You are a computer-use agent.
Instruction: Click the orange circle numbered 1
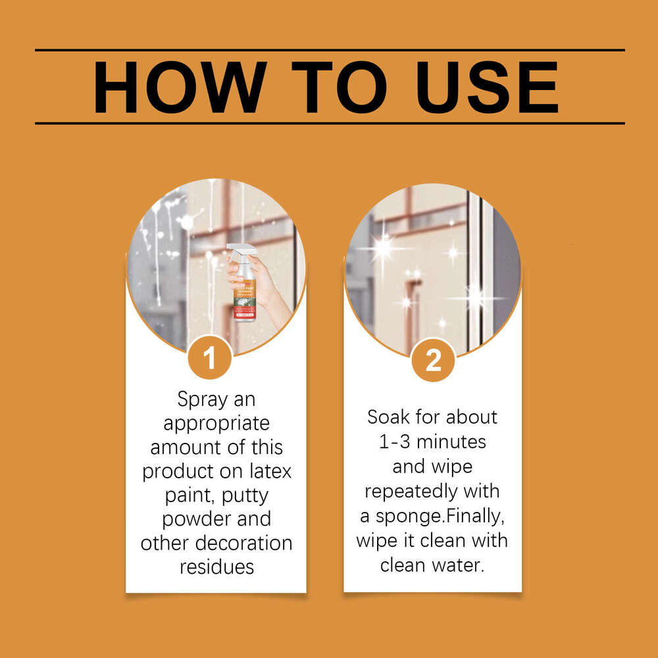[x=209, y=359]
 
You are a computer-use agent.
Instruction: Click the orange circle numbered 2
[x=433, y=360]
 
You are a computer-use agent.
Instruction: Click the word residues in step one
[x=216, y=566]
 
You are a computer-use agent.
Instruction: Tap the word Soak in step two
[x=392, y=417]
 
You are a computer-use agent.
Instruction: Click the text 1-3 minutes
[x=432, y=442]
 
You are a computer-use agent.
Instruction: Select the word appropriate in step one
[x=216, y=423]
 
